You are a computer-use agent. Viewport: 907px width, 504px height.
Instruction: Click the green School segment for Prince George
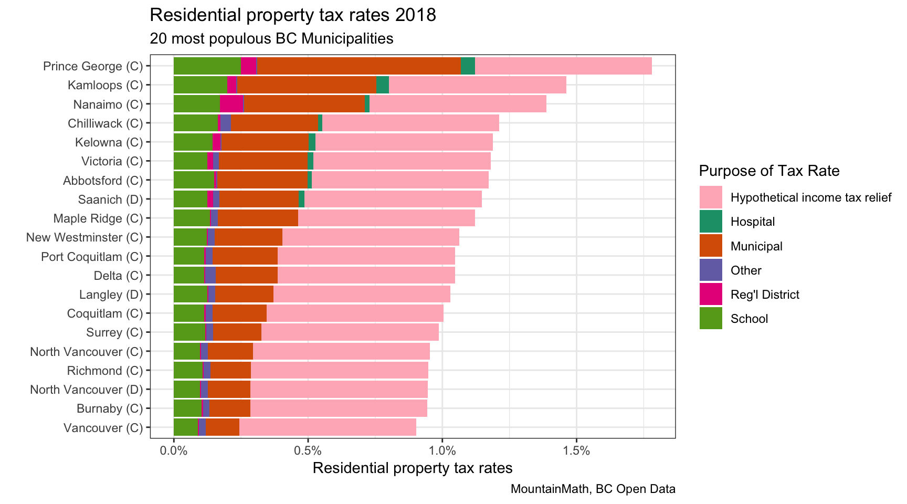(207, 66)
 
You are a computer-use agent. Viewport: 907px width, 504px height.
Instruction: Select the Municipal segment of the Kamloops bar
(307, 85)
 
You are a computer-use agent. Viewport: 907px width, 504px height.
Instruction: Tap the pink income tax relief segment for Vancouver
(328, 427)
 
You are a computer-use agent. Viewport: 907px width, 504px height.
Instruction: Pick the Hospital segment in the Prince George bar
(468, 66)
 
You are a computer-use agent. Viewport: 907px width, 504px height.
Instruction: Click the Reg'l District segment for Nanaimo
(231, 104)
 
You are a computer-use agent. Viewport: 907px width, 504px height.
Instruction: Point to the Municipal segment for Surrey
(237, 332)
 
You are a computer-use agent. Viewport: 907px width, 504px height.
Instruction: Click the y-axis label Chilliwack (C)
(105, 123)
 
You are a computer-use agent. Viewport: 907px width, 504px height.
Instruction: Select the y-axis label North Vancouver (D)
(86, 390)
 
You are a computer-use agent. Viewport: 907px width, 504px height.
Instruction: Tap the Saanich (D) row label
(110, 199)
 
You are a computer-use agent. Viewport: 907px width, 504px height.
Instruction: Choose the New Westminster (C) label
(85, 237)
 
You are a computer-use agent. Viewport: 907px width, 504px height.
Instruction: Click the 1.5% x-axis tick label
(576, 450)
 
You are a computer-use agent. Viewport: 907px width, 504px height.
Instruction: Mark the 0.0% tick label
(174, 450)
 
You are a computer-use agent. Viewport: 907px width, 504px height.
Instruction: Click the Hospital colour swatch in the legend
(711, 222)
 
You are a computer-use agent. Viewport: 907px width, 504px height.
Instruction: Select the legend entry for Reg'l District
(764, 295)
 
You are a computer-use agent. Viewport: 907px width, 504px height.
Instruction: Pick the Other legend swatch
(711, 270)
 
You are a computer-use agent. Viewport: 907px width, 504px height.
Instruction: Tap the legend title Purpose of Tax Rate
(769, 171)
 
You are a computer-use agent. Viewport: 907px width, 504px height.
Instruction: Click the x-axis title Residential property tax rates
(413, 468)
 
